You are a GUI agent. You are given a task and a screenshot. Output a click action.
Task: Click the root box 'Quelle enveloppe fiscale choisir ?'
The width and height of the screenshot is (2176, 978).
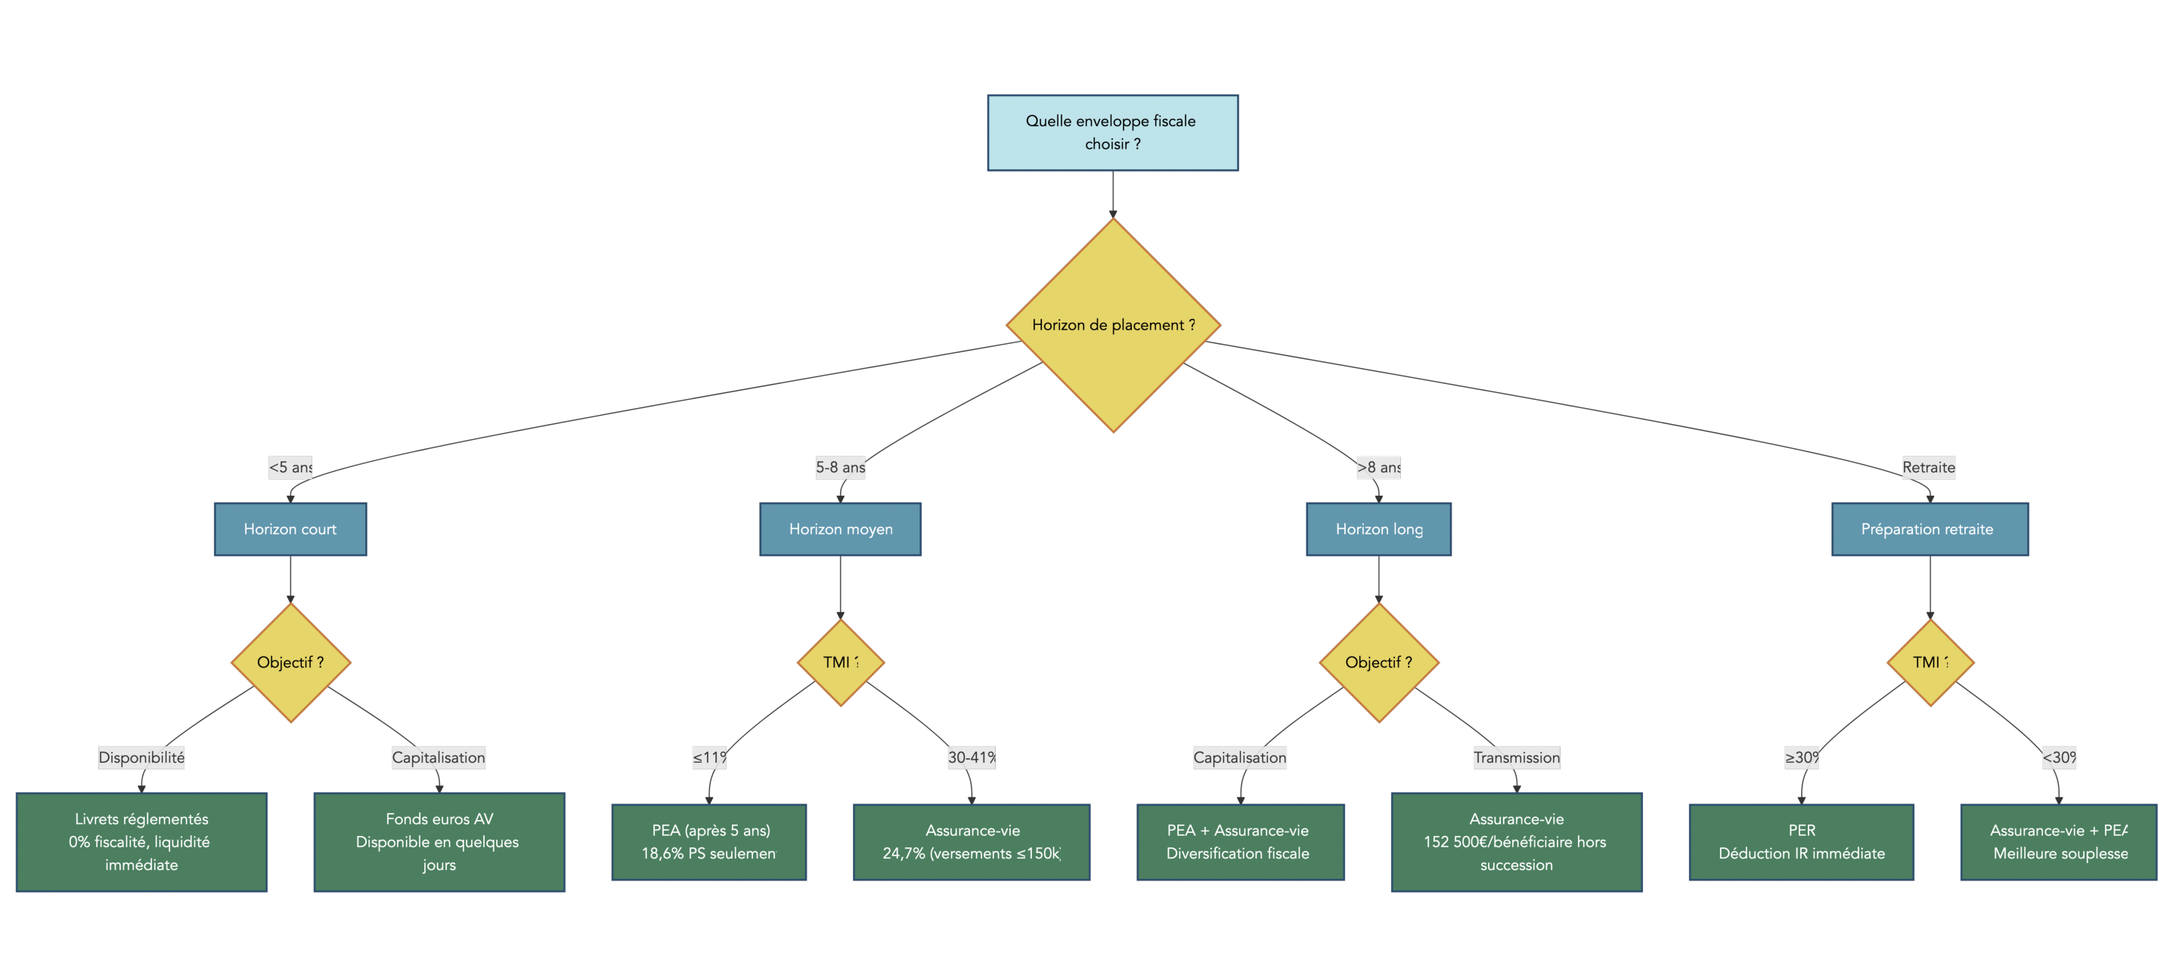1111,132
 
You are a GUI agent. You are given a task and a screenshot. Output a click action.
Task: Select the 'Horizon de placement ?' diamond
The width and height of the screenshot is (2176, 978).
1112,325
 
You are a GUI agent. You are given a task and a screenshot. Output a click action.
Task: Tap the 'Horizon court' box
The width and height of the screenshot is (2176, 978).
290,529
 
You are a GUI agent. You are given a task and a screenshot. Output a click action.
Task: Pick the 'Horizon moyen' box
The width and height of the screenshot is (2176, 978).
840,529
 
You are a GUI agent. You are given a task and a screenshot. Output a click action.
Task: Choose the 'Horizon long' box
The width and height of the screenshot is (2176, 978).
1378,529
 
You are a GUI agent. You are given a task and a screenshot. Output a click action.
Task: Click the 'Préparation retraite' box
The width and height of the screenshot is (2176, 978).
1929,529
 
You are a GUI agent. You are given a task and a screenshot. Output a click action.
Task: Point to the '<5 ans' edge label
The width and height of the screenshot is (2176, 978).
290,467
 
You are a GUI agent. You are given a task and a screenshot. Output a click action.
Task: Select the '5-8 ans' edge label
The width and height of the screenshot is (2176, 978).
840,467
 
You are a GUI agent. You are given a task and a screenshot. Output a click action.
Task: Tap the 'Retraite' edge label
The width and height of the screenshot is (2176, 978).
1928,467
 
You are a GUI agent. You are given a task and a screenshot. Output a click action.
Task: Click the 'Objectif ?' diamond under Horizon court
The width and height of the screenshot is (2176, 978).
290,662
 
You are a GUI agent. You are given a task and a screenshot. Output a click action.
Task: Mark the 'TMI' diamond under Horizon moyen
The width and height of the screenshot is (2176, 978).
840,662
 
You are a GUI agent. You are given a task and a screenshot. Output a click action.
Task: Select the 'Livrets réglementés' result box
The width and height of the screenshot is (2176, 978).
141,841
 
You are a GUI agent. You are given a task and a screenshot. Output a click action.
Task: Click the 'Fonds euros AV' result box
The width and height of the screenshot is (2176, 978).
439,841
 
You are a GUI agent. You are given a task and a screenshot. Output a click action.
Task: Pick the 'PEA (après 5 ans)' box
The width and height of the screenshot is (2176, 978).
708,841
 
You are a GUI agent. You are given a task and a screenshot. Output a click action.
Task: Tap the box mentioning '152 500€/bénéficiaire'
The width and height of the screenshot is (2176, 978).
1515,841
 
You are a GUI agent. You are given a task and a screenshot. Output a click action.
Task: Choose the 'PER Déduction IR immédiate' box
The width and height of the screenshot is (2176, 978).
1800,841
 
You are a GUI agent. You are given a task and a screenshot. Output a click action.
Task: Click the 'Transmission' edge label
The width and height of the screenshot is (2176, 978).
1515,757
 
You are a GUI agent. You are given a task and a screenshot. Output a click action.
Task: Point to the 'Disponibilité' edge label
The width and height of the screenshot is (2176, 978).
141,757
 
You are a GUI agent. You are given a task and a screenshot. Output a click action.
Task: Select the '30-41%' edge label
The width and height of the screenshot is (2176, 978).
971,757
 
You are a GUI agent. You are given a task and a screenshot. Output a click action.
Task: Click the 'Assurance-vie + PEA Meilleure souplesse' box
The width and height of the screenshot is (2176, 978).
2058,841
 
